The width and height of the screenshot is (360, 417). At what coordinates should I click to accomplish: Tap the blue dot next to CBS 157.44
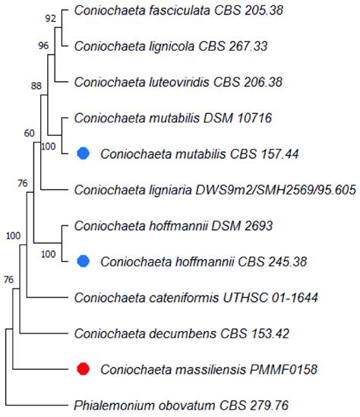pyautogui.click(x=84, y=153)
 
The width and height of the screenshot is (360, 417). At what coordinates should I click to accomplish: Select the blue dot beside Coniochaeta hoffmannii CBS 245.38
pyautogui.click(x=84, y=262)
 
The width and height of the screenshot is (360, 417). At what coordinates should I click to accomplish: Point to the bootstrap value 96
pyautogui.click(x=43, y=46)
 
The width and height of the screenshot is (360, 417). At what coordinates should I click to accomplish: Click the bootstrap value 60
pyautogui.click(x=30, y=134)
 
